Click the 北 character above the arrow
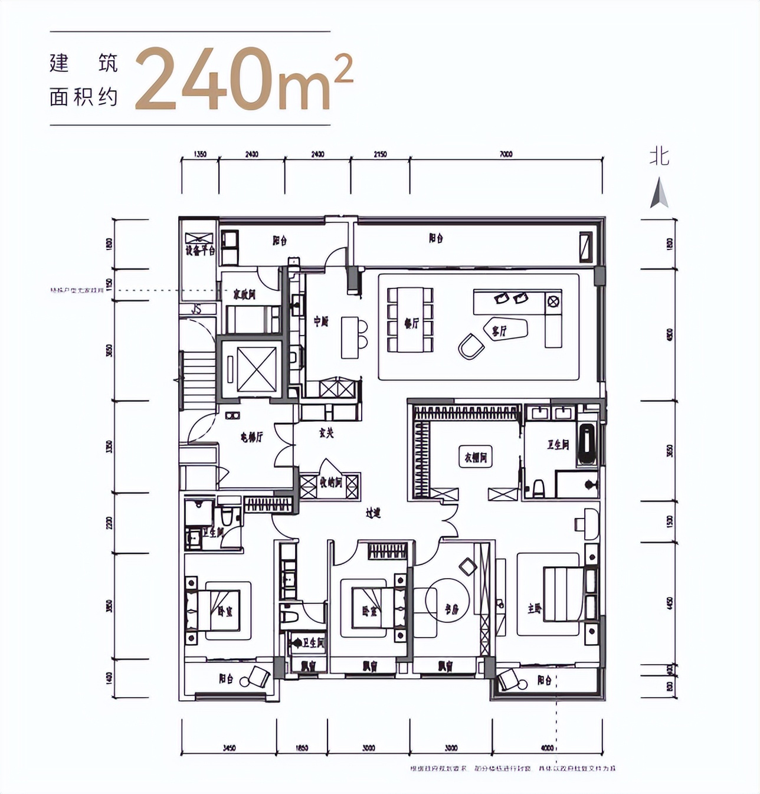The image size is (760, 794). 659,157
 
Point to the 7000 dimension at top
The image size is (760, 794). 506,154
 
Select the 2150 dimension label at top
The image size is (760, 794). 380,154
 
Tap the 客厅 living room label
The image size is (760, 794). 499,331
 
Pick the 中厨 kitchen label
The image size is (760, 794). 320,321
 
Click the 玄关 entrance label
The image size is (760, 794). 326,433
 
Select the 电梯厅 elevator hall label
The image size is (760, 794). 251,437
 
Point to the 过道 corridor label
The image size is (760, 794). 373,513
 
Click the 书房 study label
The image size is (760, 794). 452,609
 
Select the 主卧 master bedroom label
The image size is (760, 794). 534,608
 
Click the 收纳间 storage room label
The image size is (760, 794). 330,483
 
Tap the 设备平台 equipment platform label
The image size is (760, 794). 200,251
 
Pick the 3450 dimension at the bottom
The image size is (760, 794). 229,748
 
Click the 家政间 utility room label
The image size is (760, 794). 244,294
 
